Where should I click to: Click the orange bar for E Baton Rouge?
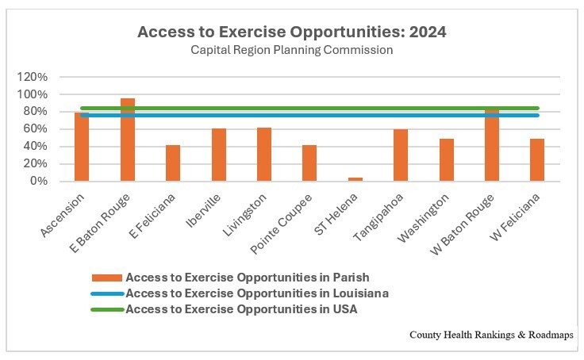(x=128, y=143)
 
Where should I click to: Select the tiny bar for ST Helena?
(x=355, y=179)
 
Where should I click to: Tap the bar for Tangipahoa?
(x=401, y=155)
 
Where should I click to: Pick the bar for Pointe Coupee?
(x=309, y=163)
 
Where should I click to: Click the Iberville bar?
(x=219, y=155)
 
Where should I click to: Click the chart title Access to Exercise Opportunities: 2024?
(x=291, y=33)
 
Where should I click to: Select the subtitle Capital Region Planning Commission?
(x=291, y=50)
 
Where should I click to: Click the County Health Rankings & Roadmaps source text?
(x=492, y=335)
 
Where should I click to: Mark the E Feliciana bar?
(x=173, y=163)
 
